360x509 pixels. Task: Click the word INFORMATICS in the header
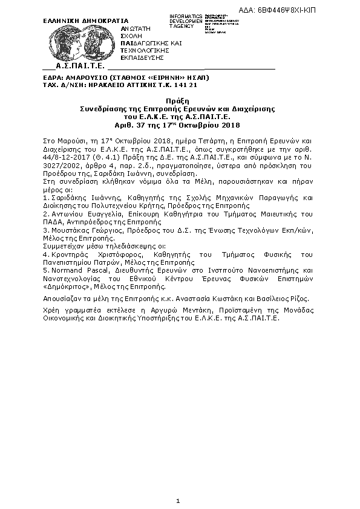pos(186,16)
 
